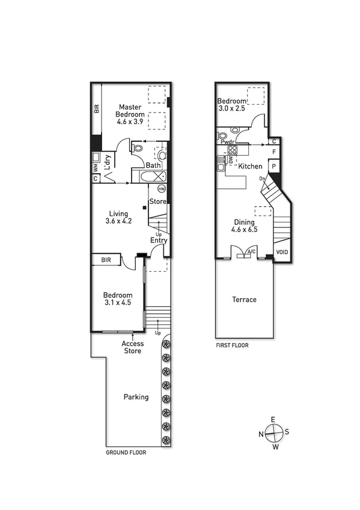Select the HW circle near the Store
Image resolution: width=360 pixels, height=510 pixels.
coord(161,189)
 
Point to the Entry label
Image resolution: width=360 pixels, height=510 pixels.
coord(159,241)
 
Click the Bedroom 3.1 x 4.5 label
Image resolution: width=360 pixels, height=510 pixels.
coord(117,299)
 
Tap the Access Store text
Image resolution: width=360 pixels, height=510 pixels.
coord(132,347)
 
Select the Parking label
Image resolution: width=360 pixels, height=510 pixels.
coord(136,397)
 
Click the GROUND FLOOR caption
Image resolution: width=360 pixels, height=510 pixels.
coord(126,452)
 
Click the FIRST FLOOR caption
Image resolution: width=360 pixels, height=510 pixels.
coord(232,346)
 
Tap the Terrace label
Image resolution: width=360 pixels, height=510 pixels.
coord(245,300)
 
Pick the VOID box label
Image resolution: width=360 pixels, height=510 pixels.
coord(281,253)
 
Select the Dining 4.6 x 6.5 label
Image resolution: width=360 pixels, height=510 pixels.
coord(245,226)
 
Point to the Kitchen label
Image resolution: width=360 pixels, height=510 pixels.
coord(251,166)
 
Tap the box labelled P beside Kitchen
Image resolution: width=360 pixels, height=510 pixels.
coord(273,166)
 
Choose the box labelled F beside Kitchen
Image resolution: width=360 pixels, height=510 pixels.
coord(273,152)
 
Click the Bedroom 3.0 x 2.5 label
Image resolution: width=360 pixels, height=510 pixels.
coord(232,105)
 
